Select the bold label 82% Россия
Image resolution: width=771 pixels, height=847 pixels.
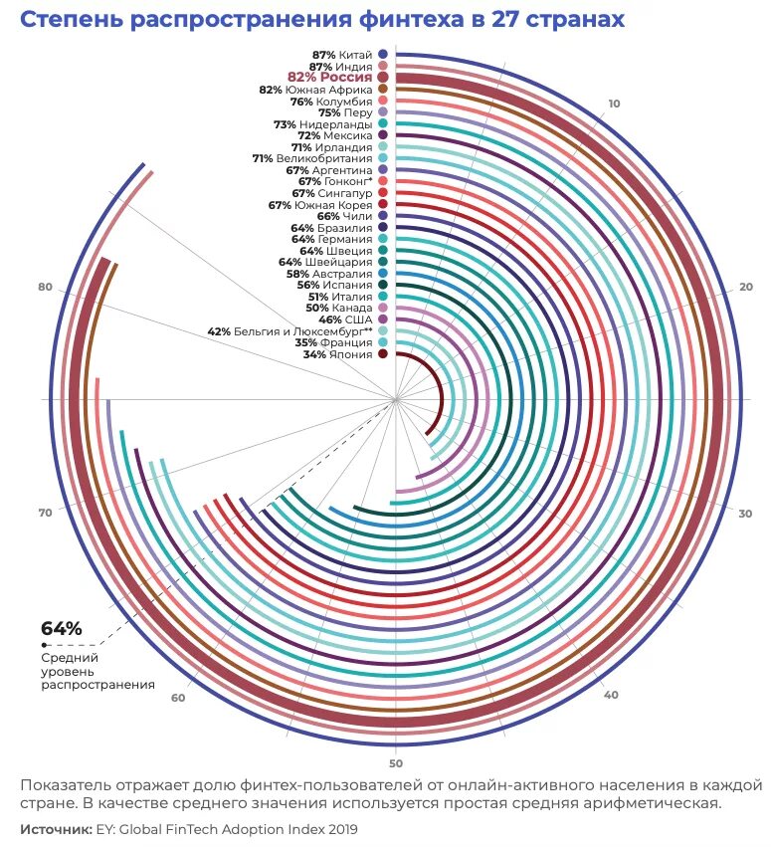(x=330, y=77)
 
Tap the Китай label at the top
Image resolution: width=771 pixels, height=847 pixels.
(x=355, y=54)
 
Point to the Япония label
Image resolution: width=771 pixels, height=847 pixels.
(x=352, y=354)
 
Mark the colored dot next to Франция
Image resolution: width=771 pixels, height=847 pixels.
(x=383, y=342)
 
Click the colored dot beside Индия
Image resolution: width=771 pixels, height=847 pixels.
(x=383, y=66)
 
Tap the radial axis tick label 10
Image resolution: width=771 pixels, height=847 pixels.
(x=614, y=104)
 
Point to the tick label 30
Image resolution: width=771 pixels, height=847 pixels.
(x=745, y=514)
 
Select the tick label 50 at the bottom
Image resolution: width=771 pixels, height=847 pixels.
(x=396, y=763)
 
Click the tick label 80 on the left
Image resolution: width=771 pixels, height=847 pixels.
(x=45, y=288)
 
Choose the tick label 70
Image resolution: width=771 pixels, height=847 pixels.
(x=45, y=513)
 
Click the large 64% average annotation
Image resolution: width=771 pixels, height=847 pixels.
(x=61, y=629)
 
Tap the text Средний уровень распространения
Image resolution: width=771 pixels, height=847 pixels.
(x=97, y=671)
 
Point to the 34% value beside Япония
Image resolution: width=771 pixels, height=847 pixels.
(x=315, y=354)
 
